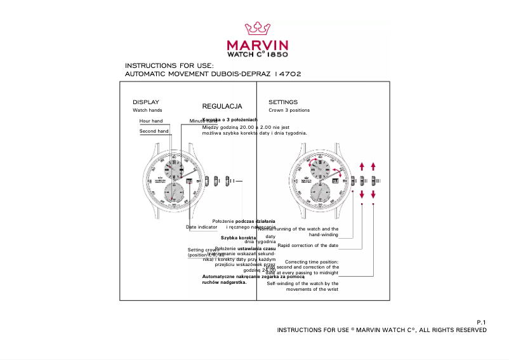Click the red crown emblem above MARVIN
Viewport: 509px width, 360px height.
coord(258,29)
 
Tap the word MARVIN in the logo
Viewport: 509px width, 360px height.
coord(258,45)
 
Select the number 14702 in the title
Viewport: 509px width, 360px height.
coord(288,74)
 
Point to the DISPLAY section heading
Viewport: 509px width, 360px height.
coord(145,102)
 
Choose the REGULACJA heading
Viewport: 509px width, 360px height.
coord(222,107)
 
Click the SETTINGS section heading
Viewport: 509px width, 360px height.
coord(282,102)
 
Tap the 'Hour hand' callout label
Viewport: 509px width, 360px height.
coord(151,121)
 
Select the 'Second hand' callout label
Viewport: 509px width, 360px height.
coord(154,131)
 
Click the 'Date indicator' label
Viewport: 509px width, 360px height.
coord(201,227)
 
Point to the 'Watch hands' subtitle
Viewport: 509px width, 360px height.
coord(147,110)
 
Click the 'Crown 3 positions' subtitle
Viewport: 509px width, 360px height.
coord(289,110)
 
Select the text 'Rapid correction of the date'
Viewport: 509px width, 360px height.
coord(308,245)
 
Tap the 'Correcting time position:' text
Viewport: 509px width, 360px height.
coord(312,262)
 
